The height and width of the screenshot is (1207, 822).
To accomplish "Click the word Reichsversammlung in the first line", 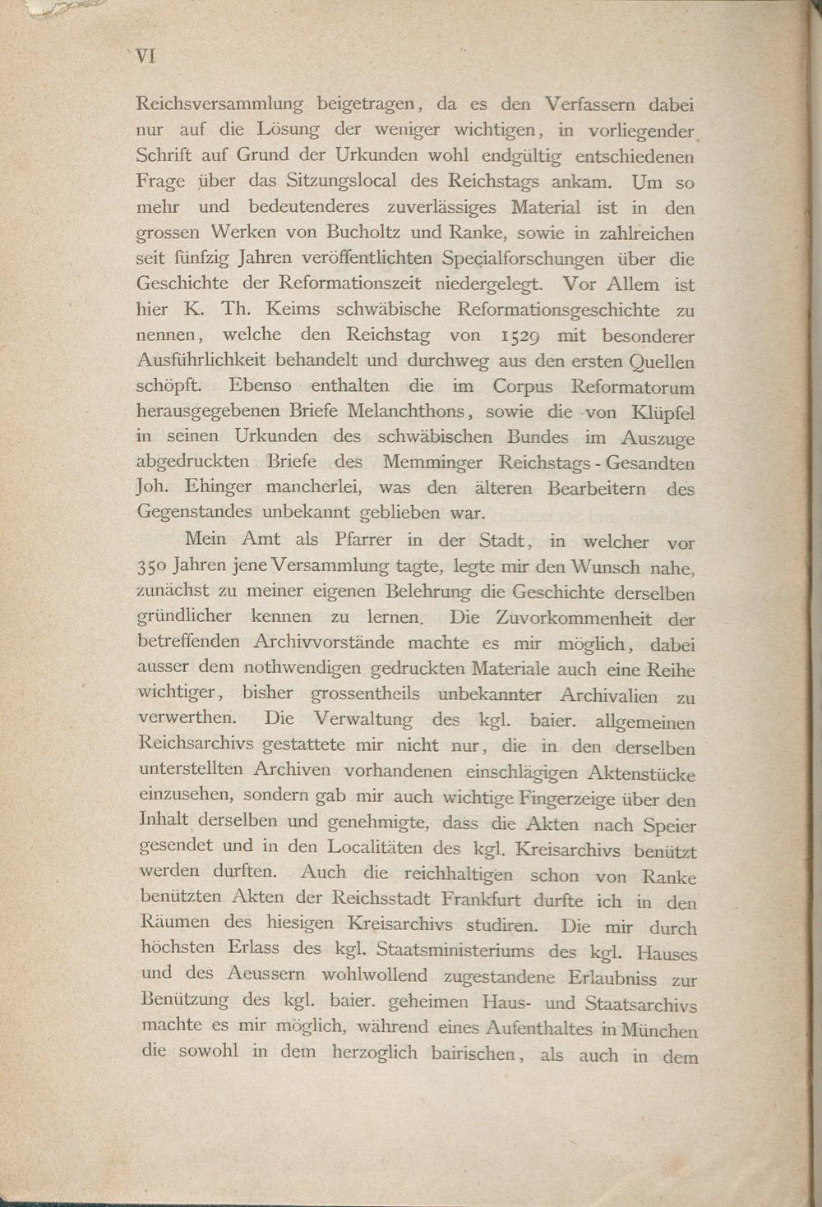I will click(219, 104).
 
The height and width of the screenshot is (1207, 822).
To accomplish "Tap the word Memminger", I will click(432, 463).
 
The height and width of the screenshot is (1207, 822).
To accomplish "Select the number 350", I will click(153, 567).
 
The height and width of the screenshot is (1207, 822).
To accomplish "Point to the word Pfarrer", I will click(367, 540).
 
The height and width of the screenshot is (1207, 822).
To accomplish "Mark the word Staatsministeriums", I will click(455, 951).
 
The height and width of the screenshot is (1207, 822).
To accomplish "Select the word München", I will click(660, 1030).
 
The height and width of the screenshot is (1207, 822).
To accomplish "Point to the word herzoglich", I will click(375, 1053).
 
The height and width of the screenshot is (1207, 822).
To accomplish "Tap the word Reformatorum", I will click(633, 387).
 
